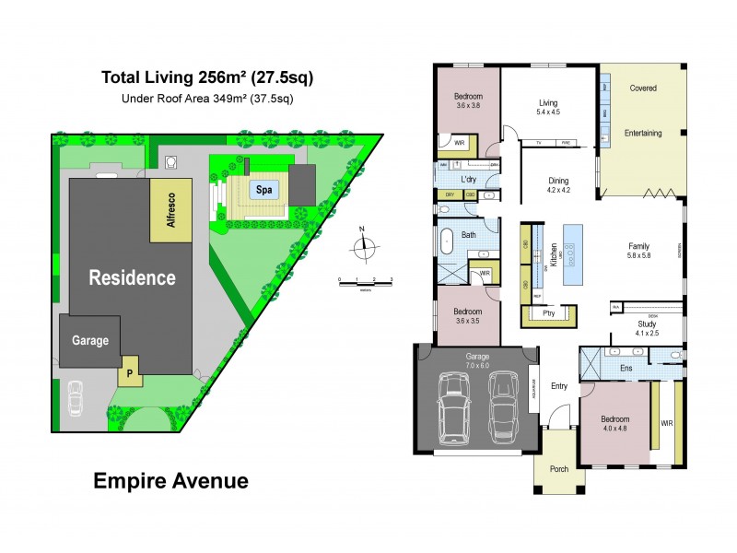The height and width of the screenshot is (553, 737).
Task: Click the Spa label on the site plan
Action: (x=263, y=190)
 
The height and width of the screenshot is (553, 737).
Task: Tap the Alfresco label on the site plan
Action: (x=170, y=211)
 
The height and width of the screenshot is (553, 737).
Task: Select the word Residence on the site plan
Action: (x=132, y=276)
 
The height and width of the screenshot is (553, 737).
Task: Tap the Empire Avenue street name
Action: (x=170, y=480)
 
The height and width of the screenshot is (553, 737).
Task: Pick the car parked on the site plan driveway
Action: (x=76, y=399)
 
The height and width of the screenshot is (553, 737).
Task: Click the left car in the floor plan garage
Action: (x=454, y=406)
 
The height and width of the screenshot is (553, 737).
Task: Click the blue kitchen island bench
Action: (x=573, y=253)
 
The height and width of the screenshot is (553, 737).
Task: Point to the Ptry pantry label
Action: (x=550, y=313)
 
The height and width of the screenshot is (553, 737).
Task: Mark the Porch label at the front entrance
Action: (x=559, y=468)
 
